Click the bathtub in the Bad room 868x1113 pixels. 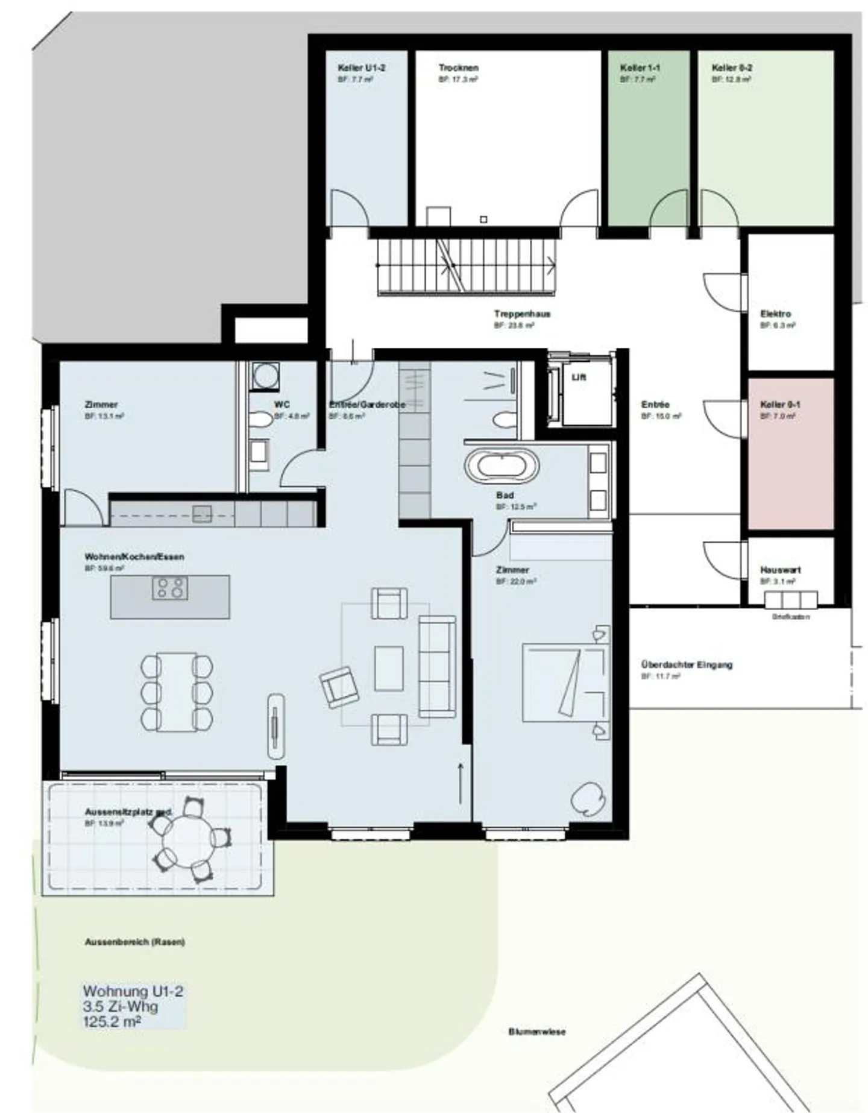(502, 465)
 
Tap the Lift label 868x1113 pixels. (579, 377)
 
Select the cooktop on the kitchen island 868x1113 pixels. (169, 588)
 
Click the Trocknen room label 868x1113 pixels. (458, 68)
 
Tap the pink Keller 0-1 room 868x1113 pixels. (791, 458)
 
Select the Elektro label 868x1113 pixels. (775, 314)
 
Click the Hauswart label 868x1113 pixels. (780, 570)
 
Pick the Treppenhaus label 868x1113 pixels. (522, 314)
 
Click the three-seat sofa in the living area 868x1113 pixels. (437, 666)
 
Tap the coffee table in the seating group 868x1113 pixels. (389, 668)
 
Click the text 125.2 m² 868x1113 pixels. (112, 1021)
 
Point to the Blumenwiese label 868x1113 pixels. (536, 1032)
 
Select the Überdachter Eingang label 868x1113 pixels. (687, 664)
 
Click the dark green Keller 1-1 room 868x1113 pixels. (648, 139)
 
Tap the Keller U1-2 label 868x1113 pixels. (361, 68)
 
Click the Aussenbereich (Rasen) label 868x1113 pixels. (134, 942)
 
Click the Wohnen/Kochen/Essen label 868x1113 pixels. (134, 556)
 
